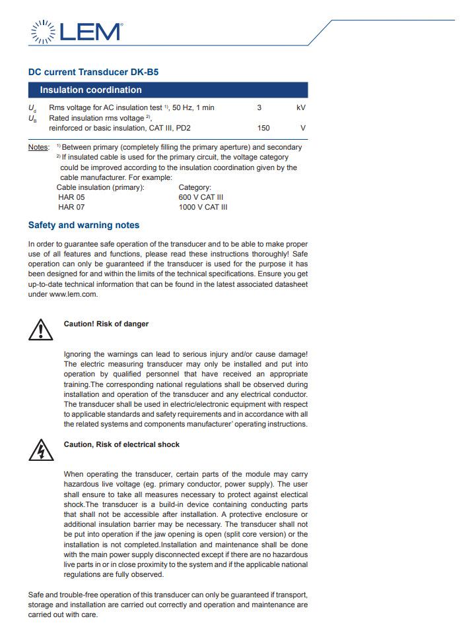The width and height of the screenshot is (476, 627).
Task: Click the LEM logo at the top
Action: pyautogui.click(x=77, y=31)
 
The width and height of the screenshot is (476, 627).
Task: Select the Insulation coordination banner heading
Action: pyautogui.click(x=90, y=90)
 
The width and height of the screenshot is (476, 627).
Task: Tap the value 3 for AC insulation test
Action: pyautogui.click(x=259, y=107)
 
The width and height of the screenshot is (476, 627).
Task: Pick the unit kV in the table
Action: pyautogui.click(x=301, y=107)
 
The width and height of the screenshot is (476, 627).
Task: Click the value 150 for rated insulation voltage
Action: pyautogui.click(x=263, y=128)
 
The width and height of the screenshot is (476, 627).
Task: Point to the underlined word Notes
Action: pyautogui.click(x=38, y=147)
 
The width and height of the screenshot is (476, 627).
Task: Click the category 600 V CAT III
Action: pyautogui.click(x=201, y=197)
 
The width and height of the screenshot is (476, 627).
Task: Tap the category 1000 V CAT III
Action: pyautogui.click(x=203, y=207)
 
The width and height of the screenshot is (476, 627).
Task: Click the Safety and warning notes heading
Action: pyautogui.click(x=84, y=225)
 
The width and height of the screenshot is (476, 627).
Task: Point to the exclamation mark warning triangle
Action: pyautogui.click(x=40, y=329)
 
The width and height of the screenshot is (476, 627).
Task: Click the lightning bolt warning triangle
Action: pyautogui.click(x=40, y=450)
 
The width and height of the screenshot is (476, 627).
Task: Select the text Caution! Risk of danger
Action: pyautogui.click(x=106, y=324)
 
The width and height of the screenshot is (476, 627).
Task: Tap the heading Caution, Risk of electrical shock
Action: pyautogui.click(x=121, y=444)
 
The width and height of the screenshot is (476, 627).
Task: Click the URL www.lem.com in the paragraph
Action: pyautogui.click(x=73, y=294)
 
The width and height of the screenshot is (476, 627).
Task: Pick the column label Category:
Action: pyautogui.click(x=195, y=187)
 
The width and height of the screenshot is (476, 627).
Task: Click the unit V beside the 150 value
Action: pyautogui.click(x=303, y=128)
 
